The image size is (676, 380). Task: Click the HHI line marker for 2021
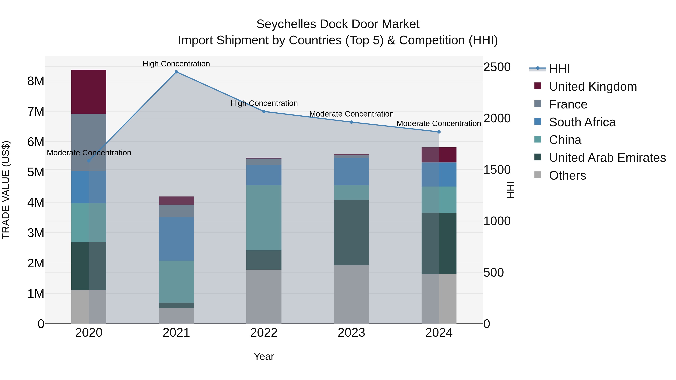pyautogui.click(x=176, y=72)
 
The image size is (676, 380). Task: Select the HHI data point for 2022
pyautogui.click(x=264, y=111)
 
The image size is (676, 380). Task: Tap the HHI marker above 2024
pyautogui.click(x=439, y=132)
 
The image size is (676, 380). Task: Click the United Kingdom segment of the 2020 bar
pyautogui.click(x=89, y=92)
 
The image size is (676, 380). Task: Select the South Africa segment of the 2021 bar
pyautogui.click(x=176, y=239)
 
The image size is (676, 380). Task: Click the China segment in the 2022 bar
pyautogui.click(x=264, y=218)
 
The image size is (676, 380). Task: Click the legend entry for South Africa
pyautogui.click(x=582, y=122)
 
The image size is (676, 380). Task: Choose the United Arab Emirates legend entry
pyautogui.click(x=607, y=158)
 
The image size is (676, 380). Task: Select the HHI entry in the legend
pyautogui.click(x=559, y=69)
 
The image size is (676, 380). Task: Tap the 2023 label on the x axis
pyautogui.click(x=351, y=333)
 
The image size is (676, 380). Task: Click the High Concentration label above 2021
pyautogui.click(x=176, y=64)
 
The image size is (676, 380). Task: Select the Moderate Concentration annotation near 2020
pyautogui.click(x=89, y=153)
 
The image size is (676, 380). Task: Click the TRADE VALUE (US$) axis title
pyautogui.click(x=6, y=190)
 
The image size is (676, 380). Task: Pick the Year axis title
pyautogui.click(x=264, y=356)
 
